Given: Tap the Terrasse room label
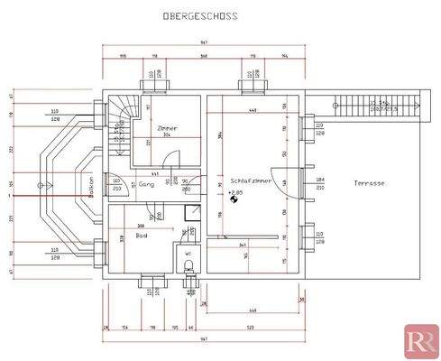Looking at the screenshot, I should click(370, 183).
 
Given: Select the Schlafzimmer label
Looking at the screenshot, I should click(251, 180).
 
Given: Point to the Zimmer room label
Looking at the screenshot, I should click(167, 128).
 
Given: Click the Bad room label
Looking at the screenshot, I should click(142, 236).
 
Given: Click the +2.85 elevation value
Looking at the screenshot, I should click(237, 192).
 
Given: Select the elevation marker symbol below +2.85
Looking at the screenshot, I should click(234, 201).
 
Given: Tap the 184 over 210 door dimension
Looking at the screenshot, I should click(319, 185).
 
